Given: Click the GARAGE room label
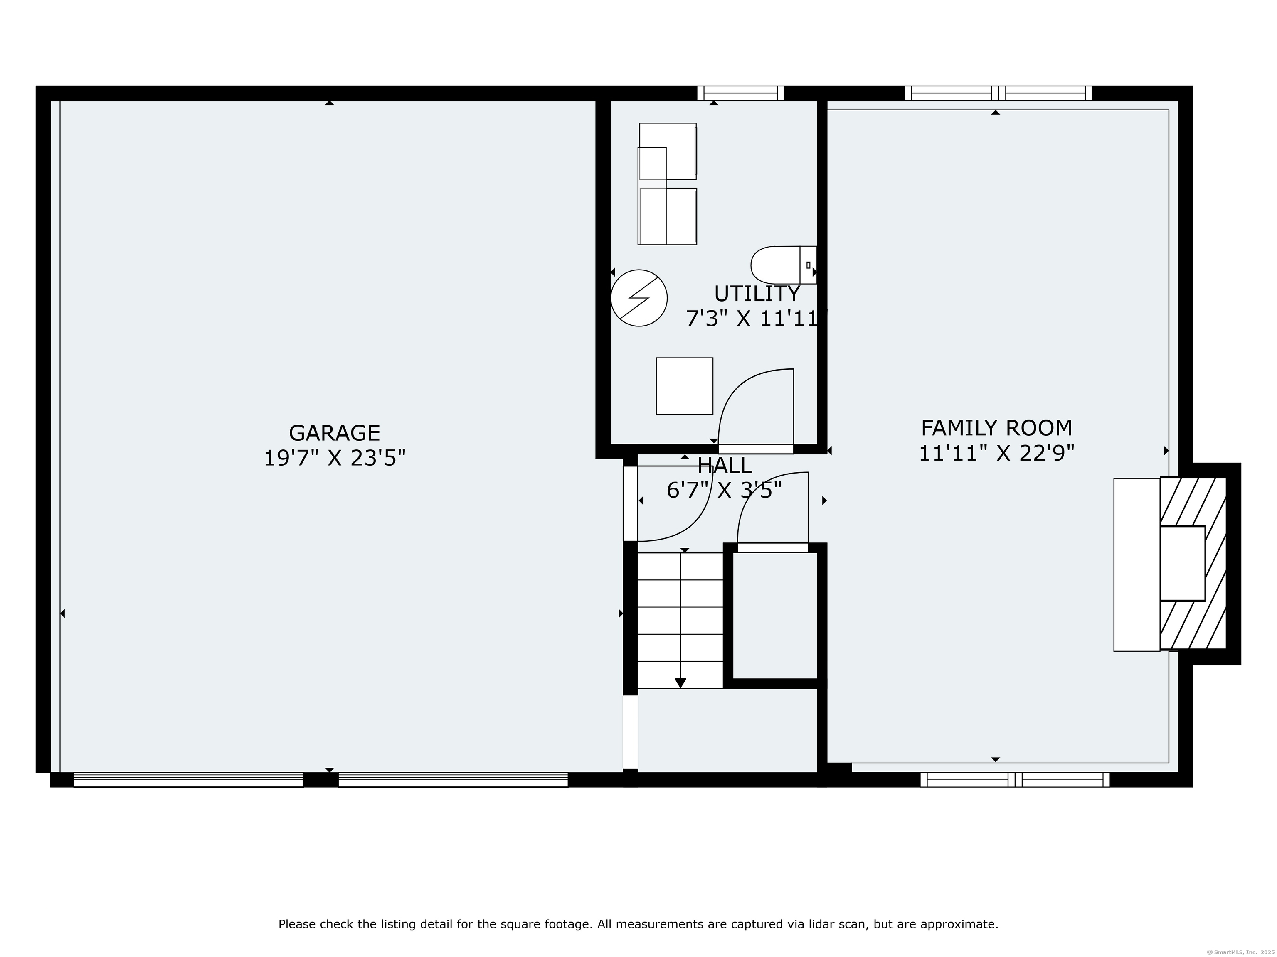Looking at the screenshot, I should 334,433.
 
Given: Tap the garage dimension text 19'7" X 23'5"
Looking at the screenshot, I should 334,459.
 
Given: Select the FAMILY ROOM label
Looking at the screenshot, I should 996,428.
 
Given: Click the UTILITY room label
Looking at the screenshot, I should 757,294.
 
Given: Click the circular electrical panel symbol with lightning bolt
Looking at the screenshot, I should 639,298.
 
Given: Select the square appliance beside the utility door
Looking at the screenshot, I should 684,386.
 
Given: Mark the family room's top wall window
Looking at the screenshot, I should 998,93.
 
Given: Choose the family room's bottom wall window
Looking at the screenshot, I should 1014,780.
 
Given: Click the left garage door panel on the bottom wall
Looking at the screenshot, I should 189,780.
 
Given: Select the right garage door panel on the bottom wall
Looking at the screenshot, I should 453,780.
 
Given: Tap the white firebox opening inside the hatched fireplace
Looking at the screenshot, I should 1182,563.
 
